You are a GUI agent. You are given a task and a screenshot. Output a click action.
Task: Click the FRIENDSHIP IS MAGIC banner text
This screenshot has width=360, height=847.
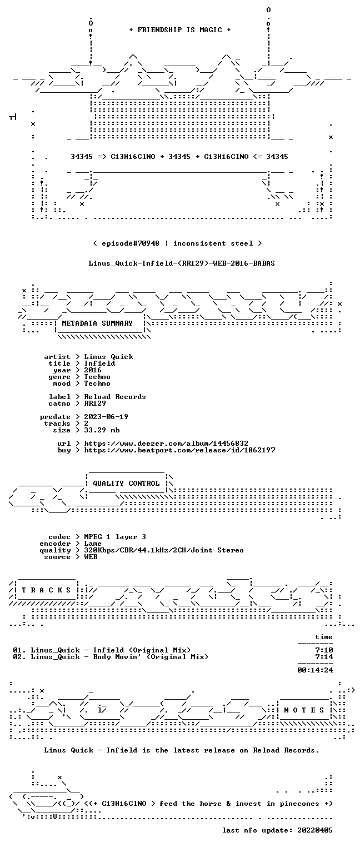pyautogui.click(x=180, y=30)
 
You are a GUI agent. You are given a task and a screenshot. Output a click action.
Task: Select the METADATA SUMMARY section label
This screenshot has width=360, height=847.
pyautogui.click(x=97, y=323)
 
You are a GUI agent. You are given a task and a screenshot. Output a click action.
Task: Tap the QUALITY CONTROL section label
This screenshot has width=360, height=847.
pyautogui.click(x=126, y=483)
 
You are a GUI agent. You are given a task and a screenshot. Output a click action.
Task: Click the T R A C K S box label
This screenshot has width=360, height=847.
pyautogui.click(x=47, y=590)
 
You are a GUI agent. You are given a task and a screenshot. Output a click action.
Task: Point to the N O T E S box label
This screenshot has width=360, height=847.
pyautogui.click(x=304, y=710)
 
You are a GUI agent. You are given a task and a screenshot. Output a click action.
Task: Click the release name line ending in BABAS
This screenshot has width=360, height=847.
pyautogui.click(x=182, y=263)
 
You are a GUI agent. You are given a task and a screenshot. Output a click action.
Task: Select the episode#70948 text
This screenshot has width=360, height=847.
pyautogui.click(x=131, y=243)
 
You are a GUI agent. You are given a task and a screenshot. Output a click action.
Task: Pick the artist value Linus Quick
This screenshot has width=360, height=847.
pyautogui.click(x=108, y=357)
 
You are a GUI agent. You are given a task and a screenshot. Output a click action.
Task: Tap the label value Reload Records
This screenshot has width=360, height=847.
pyautogui.click(x=115, y=397)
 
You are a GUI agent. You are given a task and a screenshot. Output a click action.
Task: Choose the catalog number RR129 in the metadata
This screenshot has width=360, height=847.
pyautogui.click(x=95, y=403)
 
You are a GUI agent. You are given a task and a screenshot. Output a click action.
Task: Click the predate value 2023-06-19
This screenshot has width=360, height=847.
pyautogui.click(x=106, y=417)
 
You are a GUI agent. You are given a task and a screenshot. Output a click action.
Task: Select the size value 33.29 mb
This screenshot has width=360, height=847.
pyautogui.click(x=102, y=430)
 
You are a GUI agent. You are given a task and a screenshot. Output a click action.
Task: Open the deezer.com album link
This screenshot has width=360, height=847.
pyautogui.click(x=166, y=443)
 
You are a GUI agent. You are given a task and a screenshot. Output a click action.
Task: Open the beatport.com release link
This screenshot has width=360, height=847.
pyautogui.click(x=179, y=450)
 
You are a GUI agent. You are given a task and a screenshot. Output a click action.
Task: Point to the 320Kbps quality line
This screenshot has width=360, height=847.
pyautogui.click(x=164, y=550)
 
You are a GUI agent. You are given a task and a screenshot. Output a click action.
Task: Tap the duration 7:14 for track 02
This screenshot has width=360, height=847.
pyautogui.click(x=324, y=657)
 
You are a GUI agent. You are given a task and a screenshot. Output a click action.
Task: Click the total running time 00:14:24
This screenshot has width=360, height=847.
pyautogui.click(x=315, y=670)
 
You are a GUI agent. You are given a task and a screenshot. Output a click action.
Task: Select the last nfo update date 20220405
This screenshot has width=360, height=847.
pyautogui.click(x=315, y=830)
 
